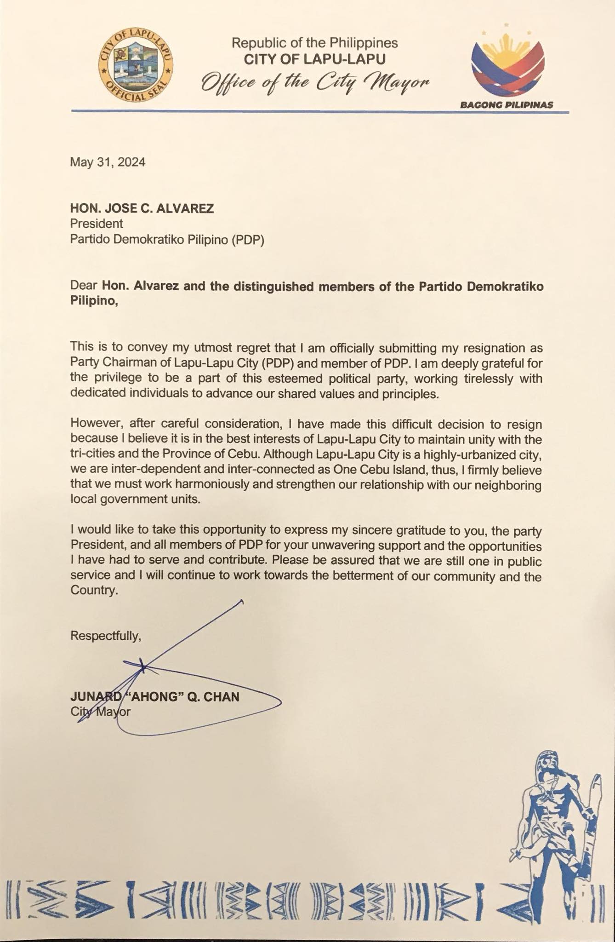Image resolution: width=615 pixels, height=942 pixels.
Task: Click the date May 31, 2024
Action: pyautogui.click(x=108, y=162)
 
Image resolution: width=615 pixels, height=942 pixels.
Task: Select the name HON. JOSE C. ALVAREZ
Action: pyautogui.click(x=142, y=209)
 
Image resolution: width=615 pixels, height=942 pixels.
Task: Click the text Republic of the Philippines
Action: pyautogui.click(x=314, y=43)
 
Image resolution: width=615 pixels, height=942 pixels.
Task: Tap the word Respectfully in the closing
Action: pyautogui.click(x=105, y=636)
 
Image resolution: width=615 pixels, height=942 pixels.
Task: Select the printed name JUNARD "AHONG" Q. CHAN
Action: pyautogui.click(x=154, y=697)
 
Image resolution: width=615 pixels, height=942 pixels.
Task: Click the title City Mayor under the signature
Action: pyautogui.click(x=100, y=712)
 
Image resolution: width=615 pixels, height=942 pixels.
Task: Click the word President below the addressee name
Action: pyautogui.click(x=97, y=224)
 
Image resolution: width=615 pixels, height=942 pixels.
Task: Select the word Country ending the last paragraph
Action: pyautogui.click(x=93, y=591)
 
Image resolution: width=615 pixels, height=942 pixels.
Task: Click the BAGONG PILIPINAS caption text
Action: pyautogui.click(x=507, y=105)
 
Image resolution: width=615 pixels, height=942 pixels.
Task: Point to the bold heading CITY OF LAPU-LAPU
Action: pyautogui.click(x=314, y=59)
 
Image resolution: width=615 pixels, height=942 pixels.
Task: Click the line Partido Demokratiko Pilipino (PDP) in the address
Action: pyautogui.click(x=167, y=240)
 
